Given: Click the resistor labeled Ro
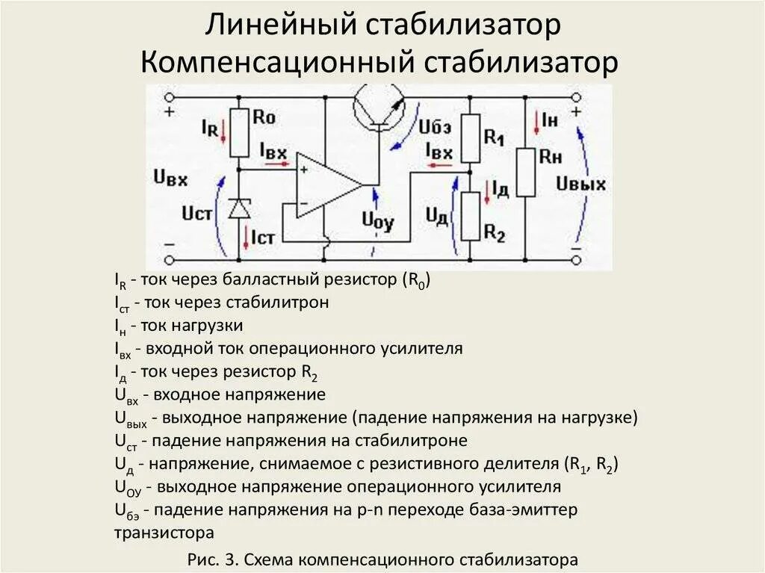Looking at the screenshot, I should tap(239, 133).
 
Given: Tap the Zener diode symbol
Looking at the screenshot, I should tap(239, 209).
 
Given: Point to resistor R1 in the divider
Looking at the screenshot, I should tap(470, 138).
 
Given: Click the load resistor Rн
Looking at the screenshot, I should tap(526, 172).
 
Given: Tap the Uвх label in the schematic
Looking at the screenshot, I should tap(170, 179).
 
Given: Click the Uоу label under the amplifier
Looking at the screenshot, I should tap(377, 220).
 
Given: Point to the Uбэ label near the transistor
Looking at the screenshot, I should tap(436, 128).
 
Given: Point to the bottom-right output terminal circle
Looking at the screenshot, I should tap(576, 259).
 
